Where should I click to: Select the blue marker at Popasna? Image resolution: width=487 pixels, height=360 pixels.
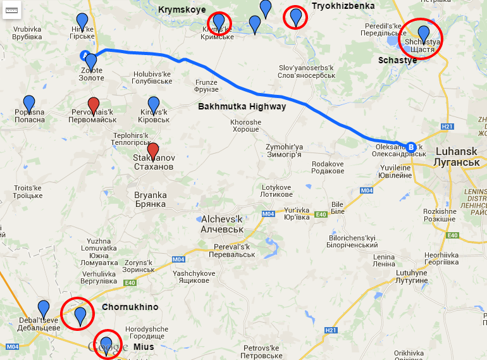(x=29, y=103)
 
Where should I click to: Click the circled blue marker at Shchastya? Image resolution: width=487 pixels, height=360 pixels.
(x=424, y=34)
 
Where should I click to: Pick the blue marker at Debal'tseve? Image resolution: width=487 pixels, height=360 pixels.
(x=44, y=308)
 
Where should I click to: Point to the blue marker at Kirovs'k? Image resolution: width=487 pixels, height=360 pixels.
(x=154, y=104)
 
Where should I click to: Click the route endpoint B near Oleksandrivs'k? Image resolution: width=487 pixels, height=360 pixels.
(x=411, y=146)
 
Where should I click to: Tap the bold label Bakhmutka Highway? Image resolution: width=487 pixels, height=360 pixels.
(x=242, y=106)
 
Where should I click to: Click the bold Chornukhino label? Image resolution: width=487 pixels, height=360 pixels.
(x=130, y=307)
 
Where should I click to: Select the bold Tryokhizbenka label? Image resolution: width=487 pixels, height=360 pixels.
(x=343, y=6)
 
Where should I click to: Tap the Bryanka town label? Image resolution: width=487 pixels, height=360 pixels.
(x=151, y=199)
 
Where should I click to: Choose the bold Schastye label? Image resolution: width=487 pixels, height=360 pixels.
(x=397, y=60)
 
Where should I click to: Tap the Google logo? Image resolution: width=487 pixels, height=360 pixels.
(x=104, y=347)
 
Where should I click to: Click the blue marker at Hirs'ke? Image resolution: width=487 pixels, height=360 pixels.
(x=82, y=21)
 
